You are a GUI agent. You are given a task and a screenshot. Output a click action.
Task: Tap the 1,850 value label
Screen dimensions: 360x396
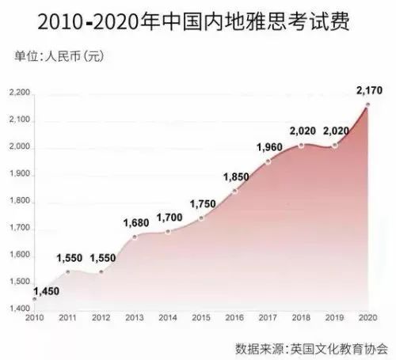238,175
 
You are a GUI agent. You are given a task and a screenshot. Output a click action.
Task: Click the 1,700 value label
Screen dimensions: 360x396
169,216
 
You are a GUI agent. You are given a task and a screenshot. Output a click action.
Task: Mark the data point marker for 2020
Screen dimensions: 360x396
367,104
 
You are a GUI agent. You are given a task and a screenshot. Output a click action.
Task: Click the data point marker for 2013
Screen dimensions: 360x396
135,236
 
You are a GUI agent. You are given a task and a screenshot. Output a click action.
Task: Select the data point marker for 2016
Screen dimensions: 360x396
234,191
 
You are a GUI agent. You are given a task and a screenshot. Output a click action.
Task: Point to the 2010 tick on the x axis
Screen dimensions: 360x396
34,317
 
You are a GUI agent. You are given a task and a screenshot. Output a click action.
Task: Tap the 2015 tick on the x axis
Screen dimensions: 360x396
200,317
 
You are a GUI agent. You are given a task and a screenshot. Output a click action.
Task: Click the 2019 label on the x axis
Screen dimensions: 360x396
333,317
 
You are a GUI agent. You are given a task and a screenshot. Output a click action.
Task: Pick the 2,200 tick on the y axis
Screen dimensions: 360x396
19,94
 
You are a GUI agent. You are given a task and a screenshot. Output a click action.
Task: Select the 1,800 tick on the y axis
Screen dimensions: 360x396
19,201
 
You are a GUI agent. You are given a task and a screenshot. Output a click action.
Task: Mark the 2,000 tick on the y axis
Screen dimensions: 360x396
19,148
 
